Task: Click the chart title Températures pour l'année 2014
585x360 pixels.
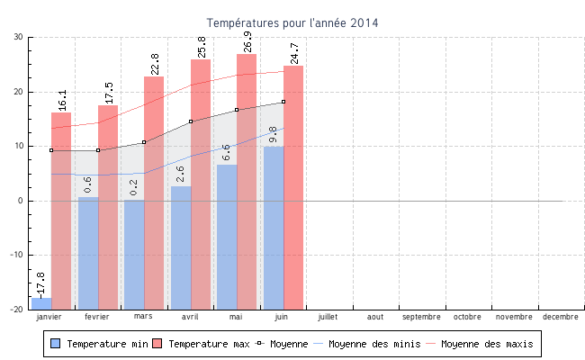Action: (x=292, y=22)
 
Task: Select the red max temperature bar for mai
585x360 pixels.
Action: (x=247, y=180)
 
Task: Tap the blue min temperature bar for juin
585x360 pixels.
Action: (x=274, y=225)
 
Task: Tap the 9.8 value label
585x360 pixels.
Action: (x=273, y=134)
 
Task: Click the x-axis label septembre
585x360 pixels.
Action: (x=421, y=317)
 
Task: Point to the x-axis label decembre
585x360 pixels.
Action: (x=561, y=317)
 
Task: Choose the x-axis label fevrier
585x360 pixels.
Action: (x=97, y=317)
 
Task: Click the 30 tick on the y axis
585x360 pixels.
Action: (x=18, y=37)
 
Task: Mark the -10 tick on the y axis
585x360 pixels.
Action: (x=15, y=255)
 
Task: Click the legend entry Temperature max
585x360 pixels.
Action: (x=202, y=344)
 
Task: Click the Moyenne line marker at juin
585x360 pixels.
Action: (x=283, y=102)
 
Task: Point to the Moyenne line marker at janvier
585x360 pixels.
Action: (x=51, y=150)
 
